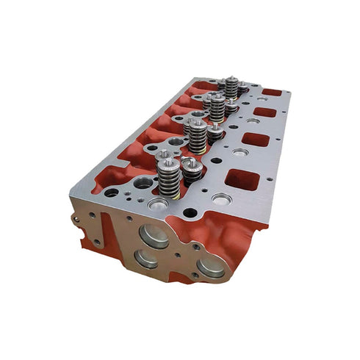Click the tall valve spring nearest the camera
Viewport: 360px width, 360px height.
click(168, 179)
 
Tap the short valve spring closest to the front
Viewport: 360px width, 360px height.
click(191, 169)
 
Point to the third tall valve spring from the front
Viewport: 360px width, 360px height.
click(217, 107)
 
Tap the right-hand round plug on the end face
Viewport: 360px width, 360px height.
click(211, 267)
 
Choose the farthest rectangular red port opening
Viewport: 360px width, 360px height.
click(271, 93)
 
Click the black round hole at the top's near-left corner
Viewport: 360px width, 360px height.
click(112, 192)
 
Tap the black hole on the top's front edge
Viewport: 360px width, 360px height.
click(190, 213)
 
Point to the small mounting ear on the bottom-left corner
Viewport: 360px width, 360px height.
click(96, 241)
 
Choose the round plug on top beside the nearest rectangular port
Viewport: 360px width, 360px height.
click(222, 198)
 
